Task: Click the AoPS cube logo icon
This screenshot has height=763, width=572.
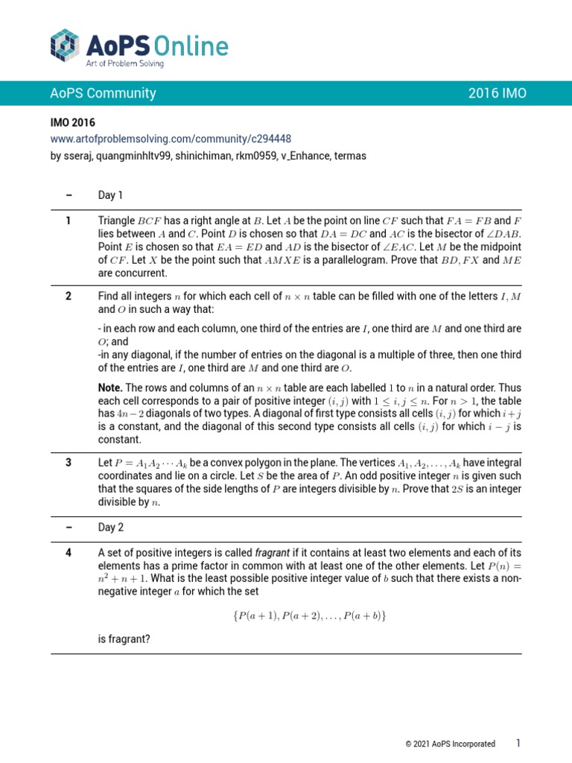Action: pos(64,45)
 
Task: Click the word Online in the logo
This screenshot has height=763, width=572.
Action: pos(190,46)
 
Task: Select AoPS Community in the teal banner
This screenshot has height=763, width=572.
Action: pos(103,93)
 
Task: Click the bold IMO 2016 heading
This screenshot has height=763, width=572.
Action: pos(73,123)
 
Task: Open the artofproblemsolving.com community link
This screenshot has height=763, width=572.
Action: pos(171,139)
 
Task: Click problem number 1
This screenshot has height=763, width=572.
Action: pos(69,220)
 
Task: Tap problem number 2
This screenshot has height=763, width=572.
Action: pos(69,296)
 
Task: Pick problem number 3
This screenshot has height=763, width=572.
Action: pos(69,462)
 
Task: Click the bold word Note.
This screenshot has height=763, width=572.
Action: pos(110,387)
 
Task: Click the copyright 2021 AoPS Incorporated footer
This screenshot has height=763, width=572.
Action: pos(450,744)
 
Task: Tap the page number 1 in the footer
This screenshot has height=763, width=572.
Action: pos(518,743)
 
